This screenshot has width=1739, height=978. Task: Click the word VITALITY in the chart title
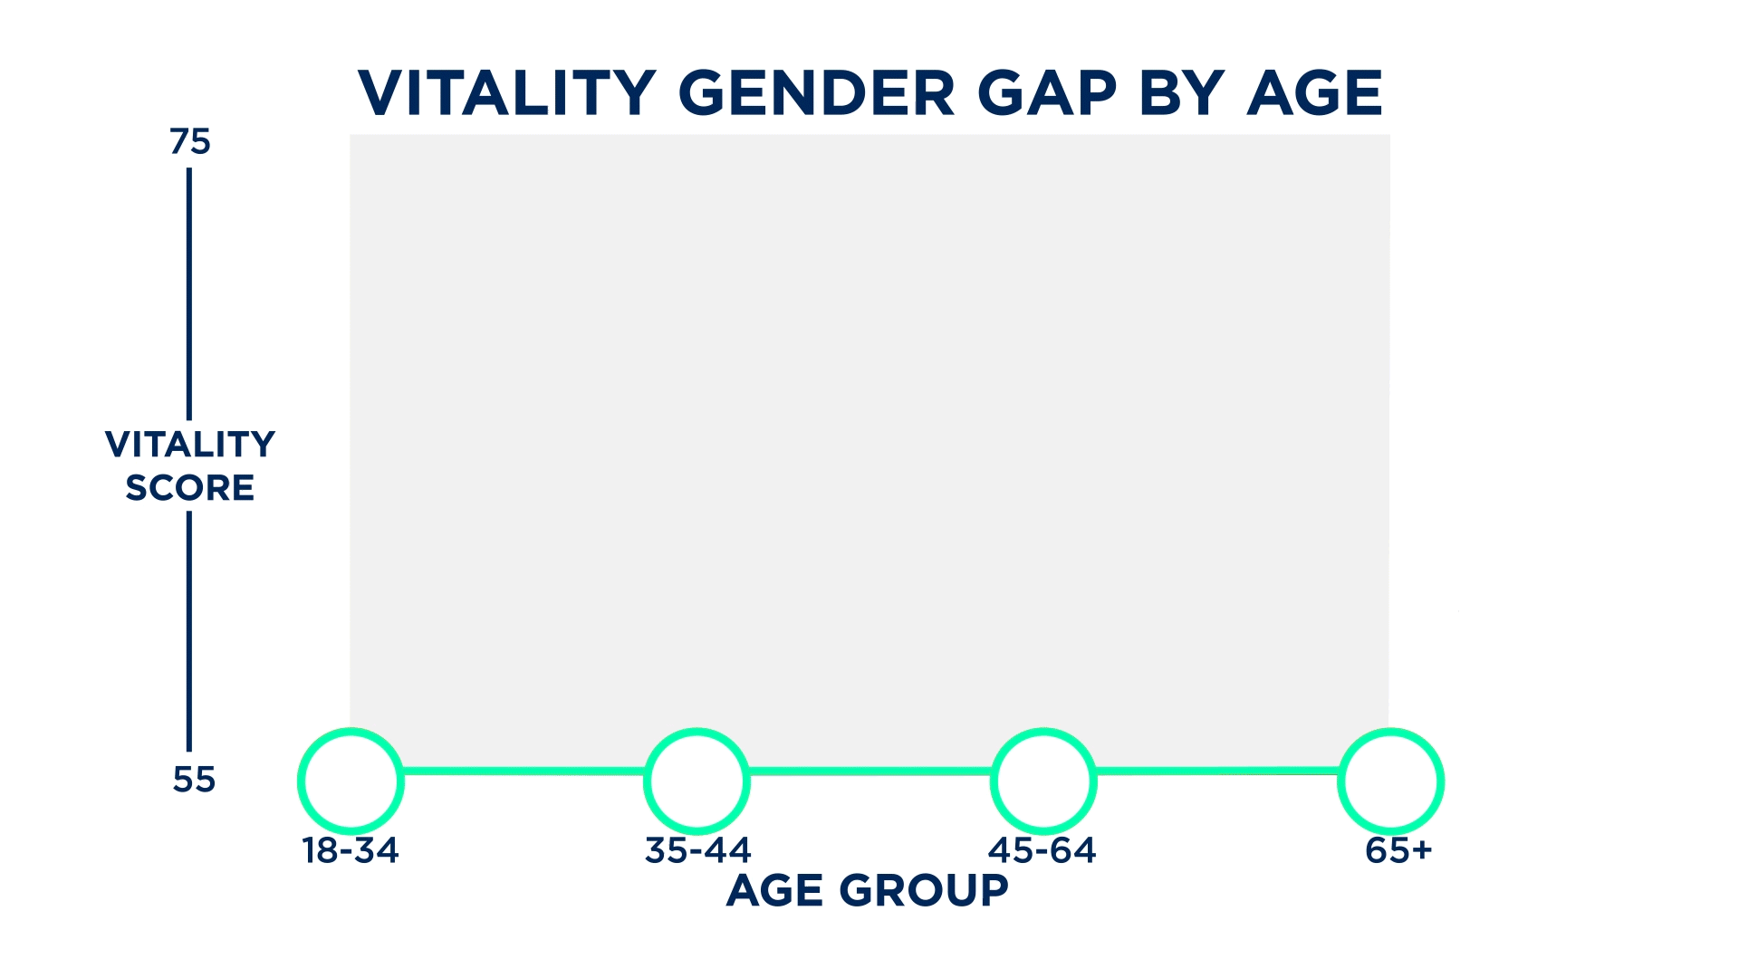507,93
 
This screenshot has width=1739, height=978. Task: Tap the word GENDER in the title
817,93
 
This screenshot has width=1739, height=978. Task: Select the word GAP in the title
1047,93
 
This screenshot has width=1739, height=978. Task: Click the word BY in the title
1182,93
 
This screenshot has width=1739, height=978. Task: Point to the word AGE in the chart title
1315,93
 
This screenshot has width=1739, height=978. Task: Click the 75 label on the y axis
190,142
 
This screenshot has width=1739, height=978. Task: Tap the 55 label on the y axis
194,780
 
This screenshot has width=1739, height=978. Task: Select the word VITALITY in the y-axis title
190,445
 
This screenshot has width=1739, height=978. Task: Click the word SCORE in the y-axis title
190,488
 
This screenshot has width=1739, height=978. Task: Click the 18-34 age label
351,851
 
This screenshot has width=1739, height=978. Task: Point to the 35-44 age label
697,851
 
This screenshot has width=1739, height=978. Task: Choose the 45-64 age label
1042,851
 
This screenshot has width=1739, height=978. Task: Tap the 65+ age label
1399,851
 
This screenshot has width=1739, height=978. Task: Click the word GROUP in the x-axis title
924,891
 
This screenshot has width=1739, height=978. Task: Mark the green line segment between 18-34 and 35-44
524,772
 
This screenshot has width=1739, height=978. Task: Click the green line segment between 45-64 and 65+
1217,772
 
